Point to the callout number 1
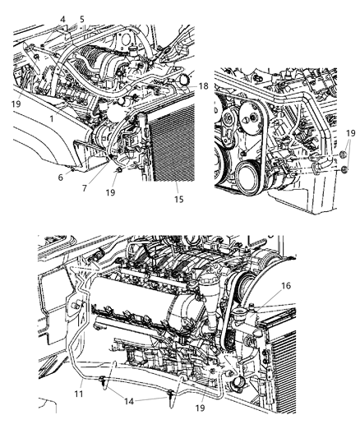[52, 118]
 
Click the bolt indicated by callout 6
[73, 168]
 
